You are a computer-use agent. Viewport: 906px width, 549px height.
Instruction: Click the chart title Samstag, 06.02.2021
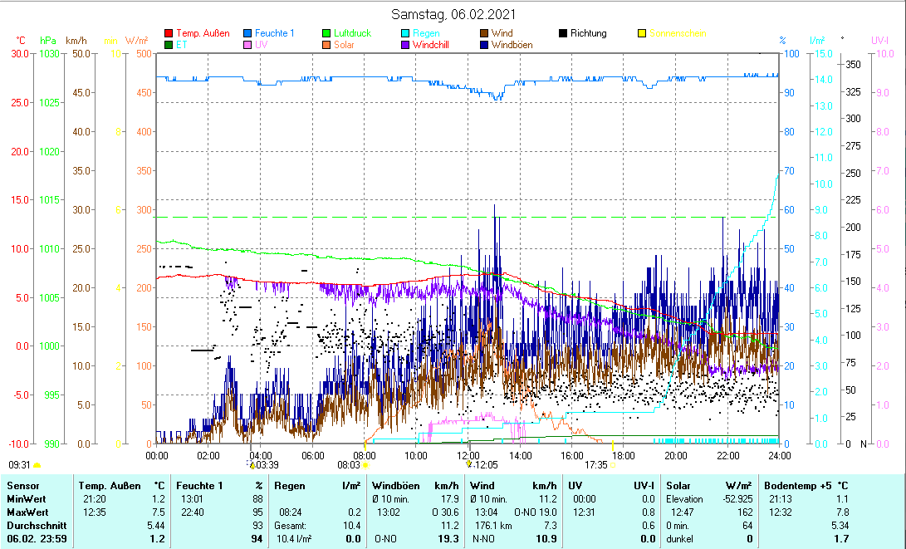[x=453, y=14]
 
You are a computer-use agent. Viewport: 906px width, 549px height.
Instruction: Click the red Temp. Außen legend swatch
[x=169, y=33]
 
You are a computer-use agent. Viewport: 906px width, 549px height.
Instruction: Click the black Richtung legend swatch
[x=563, y=33]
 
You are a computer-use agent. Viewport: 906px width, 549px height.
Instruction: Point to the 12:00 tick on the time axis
[x=468, y=454]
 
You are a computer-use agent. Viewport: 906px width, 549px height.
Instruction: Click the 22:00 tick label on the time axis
[x=727, y=454]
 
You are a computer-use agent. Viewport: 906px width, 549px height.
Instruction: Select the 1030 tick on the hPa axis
[x=49, y=54]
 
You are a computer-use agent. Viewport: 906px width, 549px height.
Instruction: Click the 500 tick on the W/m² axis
[x=144, y=54]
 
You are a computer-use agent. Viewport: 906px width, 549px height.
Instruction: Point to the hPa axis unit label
[x=48, y=40]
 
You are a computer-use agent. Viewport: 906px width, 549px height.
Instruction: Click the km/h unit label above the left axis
[x=76, y=40]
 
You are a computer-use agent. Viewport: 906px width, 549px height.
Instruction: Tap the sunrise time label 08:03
[x=348, y=466]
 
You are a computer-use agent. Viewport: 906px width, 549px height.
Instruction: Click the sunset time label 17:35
[x=596, y=466]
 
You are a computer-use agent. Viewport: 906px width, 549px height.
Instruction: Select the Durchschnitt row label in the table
[x=33, y=526]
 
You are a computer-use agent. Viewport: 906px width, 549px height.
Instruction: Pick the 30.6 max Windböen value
[x=448, y=512]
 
